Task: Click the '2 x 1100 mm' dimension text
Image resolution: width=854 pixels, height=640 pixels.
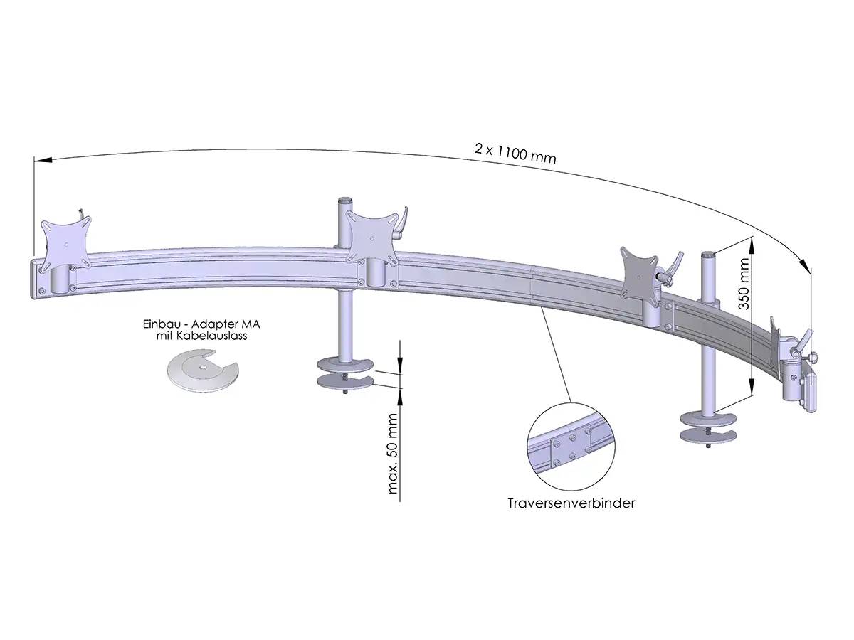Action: (x=515, y=153)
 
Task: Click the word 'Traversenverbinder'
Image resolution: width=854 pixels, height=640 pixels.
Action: (x=571, y=503)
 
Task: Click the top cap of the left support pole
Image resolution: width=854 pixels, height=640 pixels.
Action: (x=346, y=201)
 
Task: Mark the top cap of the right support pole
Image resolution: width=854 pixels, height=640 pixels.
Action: (x=708, y=253)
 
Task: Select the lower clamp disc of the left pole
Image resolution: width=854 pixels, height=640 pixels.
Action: (x=345, y=382)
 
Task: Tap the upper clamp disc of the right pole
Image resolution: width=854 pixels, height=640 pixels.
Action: (x=709, y=417)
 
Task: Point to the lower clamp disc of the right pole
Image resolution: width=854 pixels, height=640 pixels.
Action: (x=709, y=435)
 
